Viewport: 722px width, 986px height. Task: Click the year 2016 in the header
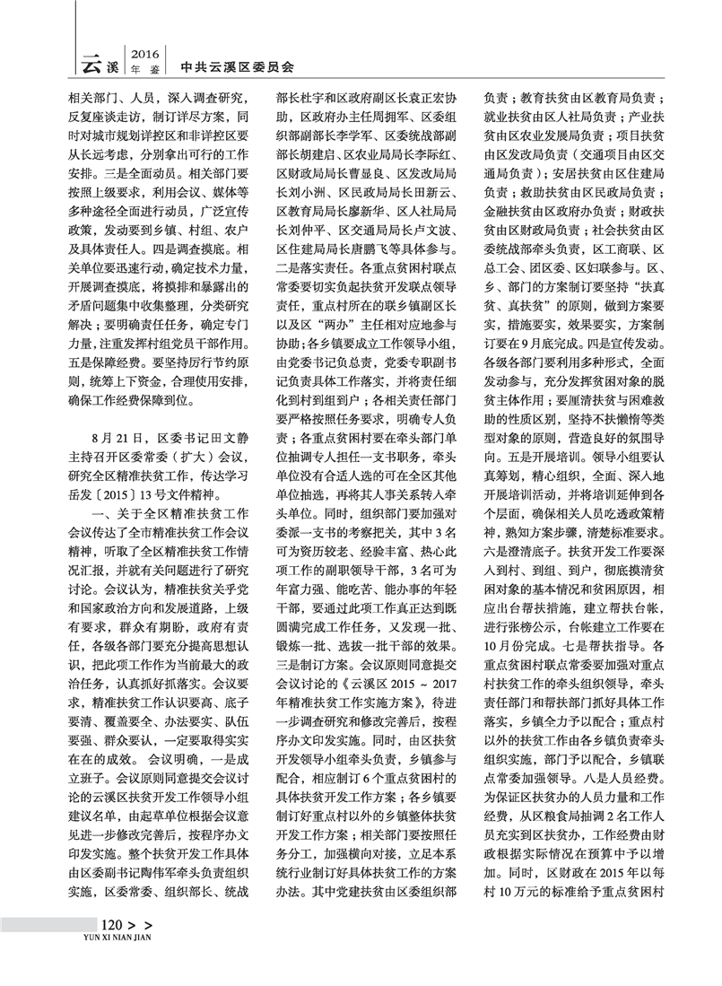coord(145,53)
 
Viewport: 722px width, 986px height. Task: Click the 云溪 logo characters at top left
coord(100,64)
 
